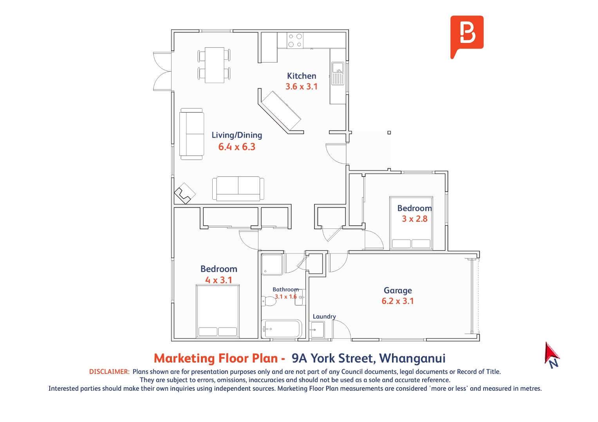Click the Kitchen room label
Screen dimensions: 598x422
coord(302,76)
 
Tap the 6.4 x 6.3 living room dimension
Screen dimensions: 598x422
coord(237,147)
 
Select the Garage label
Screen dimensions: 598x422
coord(397,291)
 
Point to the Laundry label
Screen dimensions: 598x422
coord(324,316)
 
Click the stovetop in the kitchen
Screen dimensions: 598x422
coord(295,40)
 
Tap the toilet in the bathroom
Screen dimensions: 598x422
coord(269,301)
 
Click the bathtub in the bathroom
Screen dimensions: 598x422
coord(282,329)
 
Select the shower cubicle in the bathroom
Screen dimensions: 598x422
coord(272,264)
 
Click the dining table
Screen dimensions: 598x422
coord(214,65)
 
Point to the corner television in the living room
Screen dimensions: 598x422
coord(185,193)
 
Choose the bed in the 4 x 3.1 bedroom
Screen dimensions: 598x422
coord(218,311)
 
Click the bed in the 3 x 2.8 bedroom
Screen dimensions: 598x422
coord(411,223)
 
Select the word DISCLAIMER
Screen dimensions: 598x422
coord(109,372)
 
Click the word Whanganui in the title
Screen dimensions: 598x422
coord(412,358)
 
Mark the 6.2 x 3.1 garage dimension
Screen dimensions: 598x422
coord(397,301)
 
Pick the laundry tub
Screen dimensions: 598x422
coord(317,330)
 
